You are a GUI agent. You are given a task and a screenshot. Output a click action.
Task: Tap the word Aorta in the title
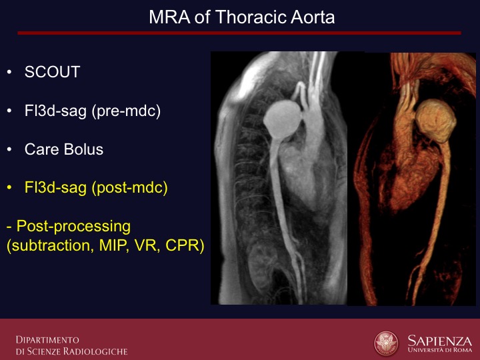click(313, 17)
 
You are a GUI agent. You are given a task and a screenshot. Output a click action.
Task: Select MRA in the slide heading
click(169, 17)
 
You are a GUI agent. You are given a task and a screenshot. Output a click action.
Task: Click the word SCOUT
click(53, 72)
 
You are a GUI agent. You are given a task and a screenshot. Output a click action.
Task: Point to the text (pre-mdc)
click(126, 111)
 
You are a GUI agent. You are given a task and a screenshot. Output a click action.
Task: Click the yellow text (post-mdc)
click(130, 187)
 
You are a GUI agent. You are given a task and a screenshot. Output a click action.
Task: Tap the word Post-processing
click(73, 227)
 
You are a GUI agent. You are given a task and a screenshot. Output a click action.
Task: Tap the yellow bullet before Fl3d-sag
click(9, 187)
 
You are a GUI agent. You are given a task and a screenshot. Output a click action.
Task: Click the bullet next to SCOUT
click(9, 72)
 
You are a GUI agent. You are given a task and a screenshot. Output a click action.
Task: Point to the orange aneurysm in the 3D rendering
click(435, 121)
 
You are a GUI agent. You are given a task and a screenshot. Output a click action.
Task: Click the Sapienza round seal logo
click(386, 343)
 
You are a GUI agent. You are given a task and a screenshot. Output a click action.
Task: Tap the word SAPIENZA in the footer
click(439, 340)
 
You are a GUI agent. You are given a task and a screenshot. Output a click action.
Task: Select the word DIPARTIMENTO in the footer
click(47, 340)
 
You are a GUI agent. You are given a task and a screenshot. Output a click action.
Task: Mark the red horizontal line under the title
click(239, 33)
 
